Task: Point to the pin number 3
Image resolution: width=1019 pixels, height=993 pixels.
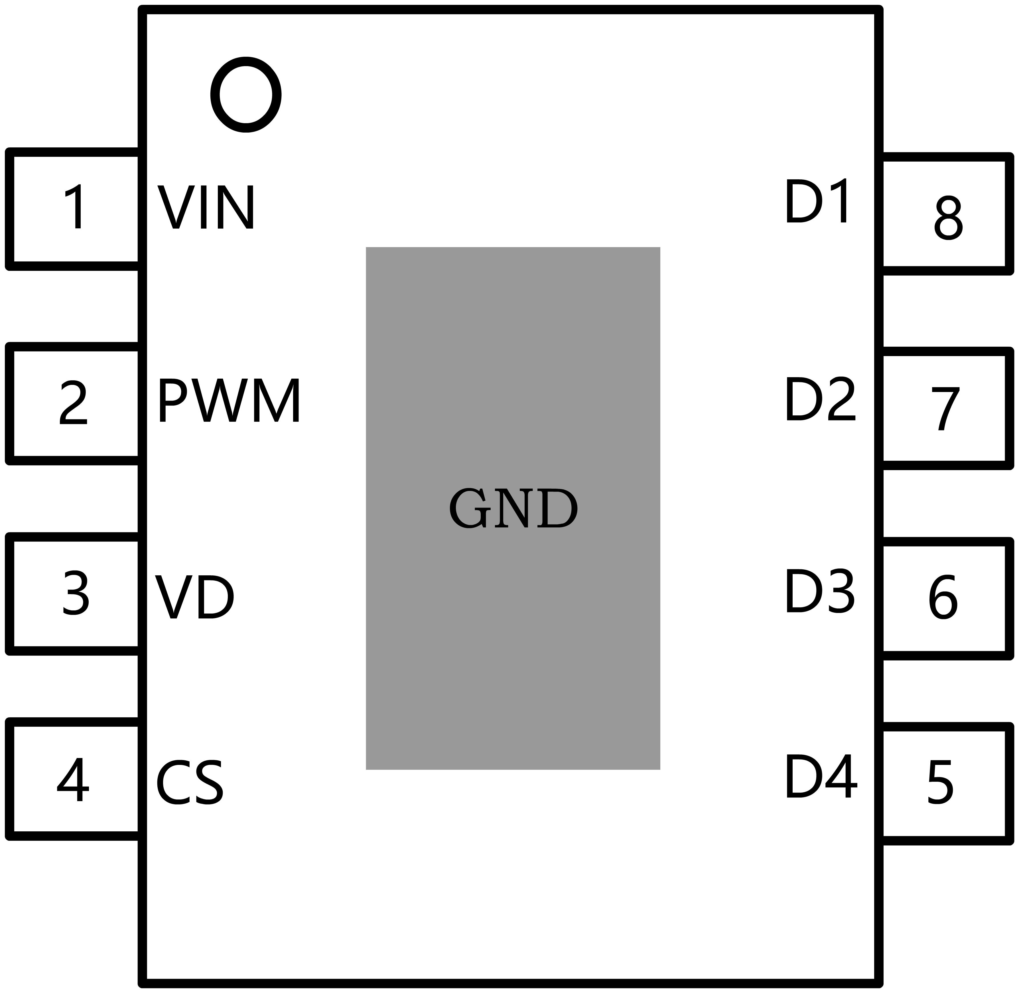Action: coord(76,594)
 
